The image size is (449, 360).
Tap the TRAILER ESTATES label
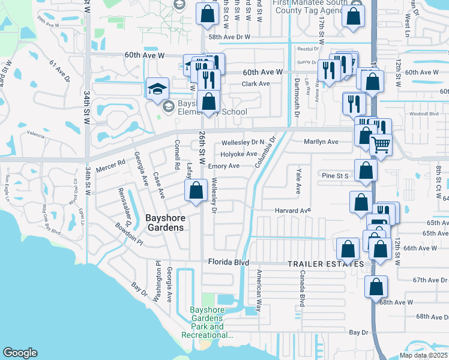[x=325, y=264]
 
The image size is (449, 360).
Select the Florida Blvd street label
[x=228, y=262]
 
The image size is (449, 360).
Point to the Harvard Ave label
[x=293, y=211]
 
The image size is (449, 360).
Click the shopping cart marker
[x=381, y=144]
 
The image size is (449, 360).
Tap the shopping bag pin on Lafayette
[x=196, y=191]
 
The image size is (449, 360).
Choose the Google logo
[x=20, y=353]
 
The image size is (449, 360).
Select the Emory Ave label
[x=224, y=166]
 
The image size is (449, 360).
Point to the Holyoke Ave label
[x=239, y=154]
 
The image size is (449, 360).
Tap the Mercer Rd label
[x=113, y=163]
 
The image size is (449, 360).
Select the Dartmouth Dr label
[x=297, y=97]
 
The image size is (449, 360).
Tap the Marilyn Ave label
[x=321, y=142]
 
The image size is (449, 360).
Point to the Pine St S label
[x=336, y=175]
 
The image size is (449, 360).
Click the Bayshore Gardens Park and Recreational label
[x=207, y=323]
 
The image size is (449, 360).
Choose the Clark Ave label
[x=256, y=83]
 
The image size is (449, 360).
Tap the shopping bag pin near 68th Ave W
[x=376, y=287]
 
